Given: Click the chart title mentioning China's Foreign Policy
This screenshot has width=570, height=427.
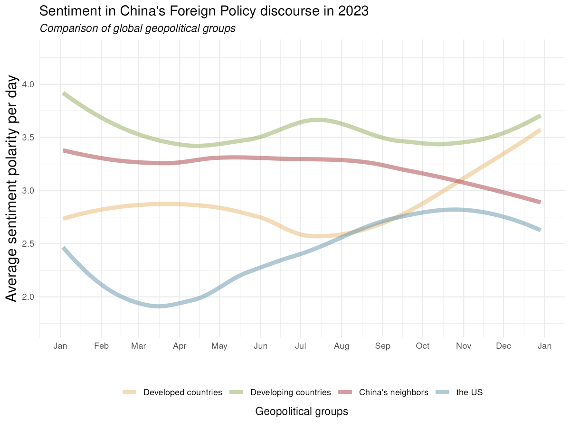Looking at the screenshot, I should [x=204, y=11].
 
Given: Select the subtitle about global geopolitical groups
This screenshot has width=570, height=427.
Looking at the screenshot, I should [x=138, y=28].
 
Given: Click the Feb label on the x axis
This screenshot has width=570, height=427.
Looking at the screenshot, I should [x=101, y=346].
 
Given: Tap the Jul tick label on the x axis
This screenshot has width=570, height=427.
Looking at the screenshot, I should [x=300, y=346].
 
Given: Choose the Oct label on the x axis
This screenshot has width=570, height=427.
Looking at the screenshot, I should [x=422, y=346].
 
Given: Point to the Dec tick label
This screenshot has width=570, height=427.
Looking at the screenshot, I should [x=503, y=346].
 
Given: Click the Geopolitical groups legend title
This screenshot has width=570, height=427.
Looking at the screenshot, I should [x=302, y=411].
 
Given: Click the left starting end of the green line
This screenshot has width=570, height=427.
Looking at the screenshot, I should [x=64, y=93].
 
